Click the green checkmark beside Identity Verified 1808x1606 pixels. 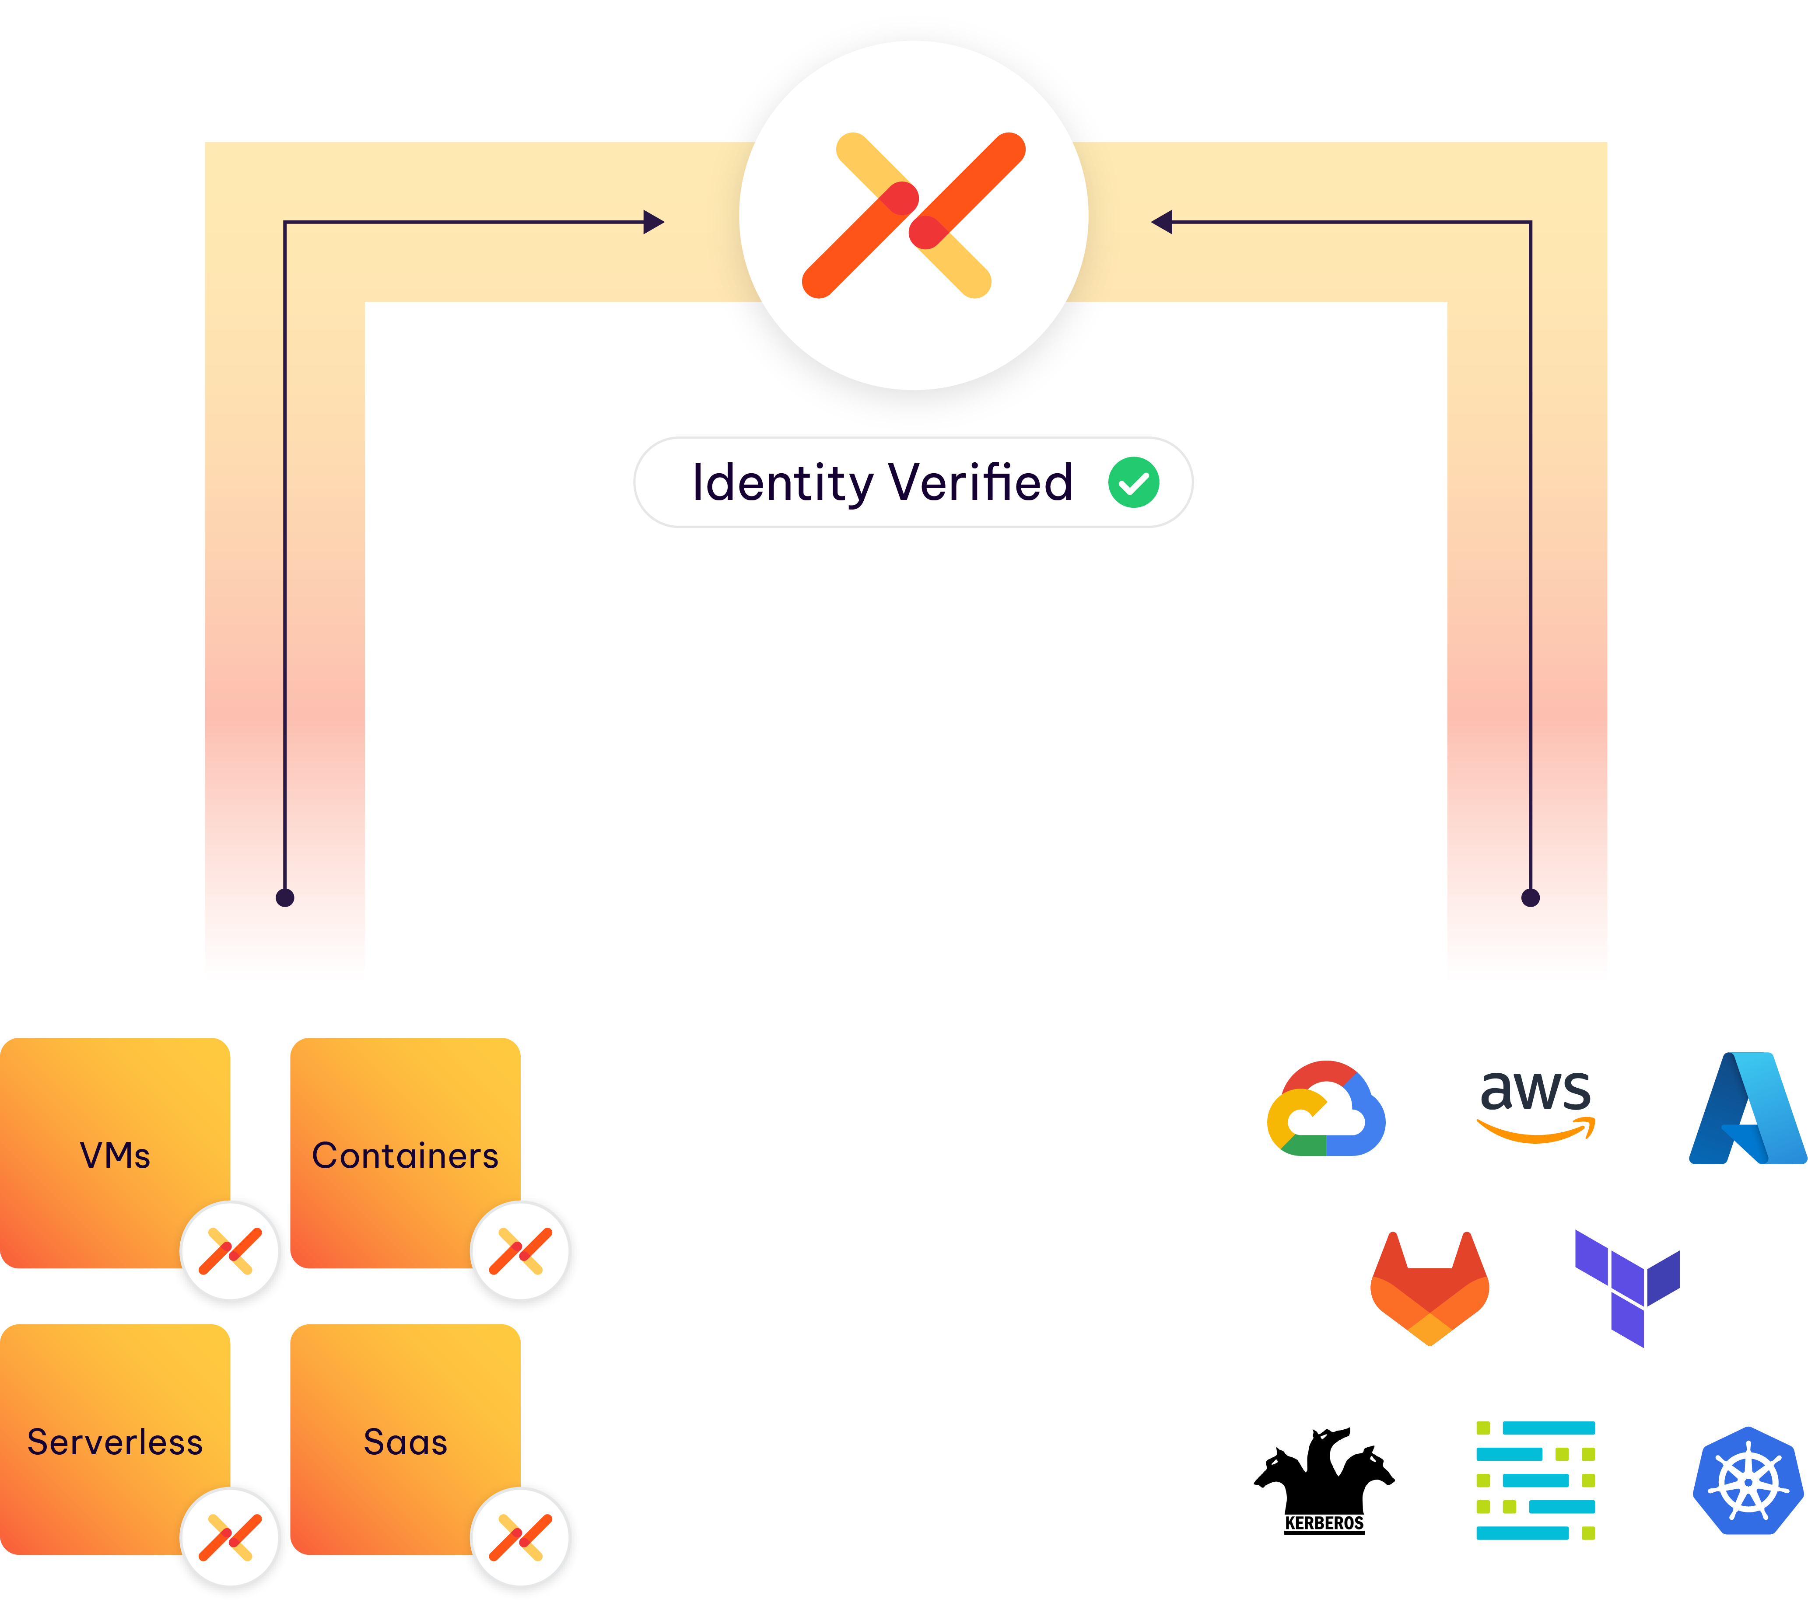point(1133,483)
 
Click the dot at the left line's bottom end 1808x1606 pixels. point(285,897)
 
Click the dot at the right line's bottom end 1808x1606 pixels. point(1530,897)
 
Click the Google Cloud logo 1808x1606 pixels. point(1326,1110)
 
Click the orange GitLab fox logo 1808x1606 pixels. point(1430,1288)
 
